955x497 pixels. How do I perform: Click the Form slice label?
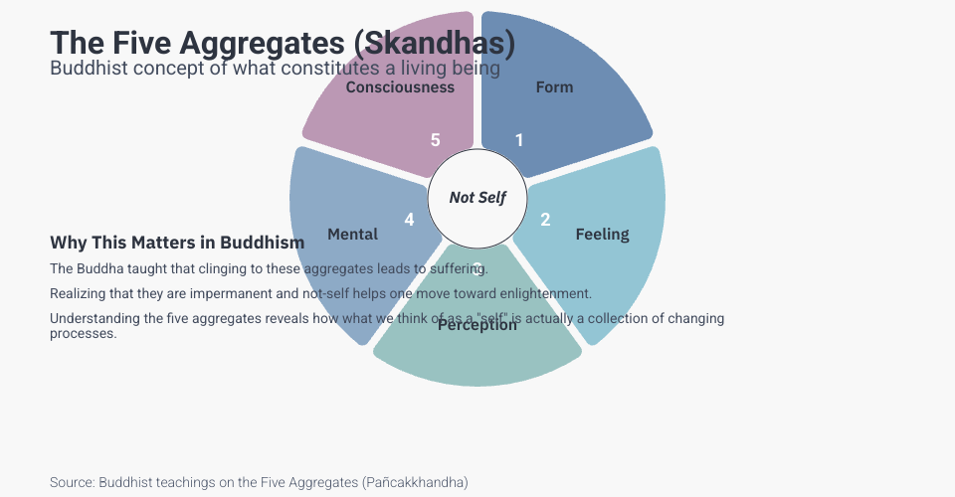click(x=554, y=87)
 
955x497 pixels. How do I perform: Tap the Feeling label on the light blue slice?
click(x=602, y=235)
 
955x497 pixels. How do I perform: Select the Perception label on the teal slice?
click(x=477, y=325)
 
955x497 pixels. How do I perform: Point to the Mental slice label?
click(x=352, y=235)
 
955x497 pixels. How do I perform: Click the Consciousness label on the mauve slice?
click(x=400, y=87)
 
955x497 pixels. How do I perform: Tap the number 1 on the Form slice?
click(x=518, y=140)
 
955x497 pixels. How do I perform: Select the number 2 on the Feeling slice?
click(x=545, y=220)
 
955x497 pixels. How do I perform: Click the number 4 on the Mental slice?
click(x=409, y=220)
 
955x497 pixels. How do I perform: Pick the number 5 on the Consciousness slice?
click(x=435, y=140)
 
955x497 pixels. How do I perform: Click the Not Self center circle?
click(x=477, y=198)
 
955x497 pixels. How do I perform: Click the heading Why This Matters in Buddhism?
click(x=177, y=243)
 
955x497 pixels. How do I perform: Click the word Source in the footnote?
click(x=72, y=482)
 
